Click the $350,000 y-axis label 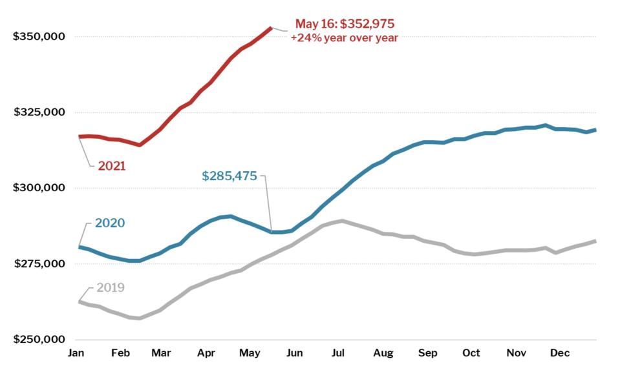[39, 36]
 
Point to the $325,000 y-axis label [39, 112]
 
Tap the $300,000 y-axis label [39, 188]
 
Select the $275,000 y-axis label [39, 264]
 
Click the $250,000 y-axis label [39, 340]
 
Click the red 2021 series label [111, 166]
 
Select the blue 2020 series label [110, 223]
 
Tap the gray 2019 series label [110, 287]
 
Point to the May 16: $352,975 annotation [345, 24]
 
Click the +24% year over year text [344, 37]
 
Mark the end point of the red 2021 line [271, 28]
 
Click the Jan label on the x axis [76, 353]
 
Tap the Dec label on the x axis [559, 353]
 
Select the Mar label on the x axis [161, 353]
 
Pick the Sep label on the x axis [427, 353]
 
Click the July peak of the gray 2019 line [341, 221]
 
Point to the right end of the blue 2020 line [595, 130]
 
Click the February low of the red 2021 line [139, 145]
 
